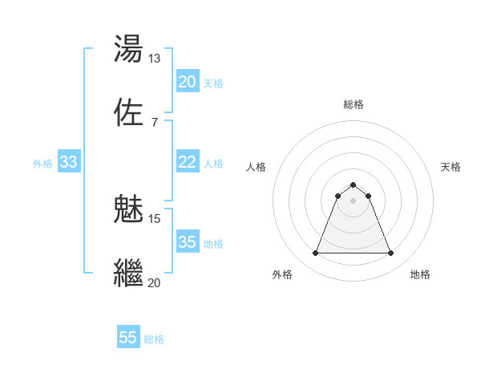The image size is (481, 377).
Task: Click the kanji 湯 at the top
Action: click(129, 49)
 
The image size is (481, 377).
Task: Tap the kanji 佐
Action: click(129, 112)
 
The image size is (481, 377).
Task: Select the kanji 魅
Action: click(129, 210)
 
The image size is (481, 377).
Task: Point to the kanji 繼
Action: click(129, 273)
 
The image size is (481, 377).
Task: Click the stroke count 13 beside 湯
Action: click(154, 59)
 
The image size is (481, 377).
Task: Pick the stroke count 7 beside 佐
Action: click(154, 122)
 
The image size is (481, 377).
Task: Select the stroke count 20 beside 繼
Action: click(154, 282)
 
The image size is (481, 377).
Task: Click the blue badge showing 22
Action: click(188, 162)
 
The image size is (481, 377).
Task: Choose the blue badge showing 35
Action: click(188, 242)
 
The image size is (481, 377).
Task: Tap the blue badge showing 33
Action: click(68, 162)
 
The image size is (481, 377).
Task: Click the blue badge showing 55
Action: click(128, 338)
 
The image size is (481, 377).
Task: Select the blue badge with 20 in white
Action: click(188, 82)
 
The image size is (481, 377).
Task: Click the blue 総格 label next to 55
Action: click(154, 339)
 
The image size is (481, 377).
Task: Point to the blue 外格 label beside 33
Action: click(42, 164)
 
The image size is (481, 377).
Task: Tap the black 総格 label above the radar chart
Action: click(354, 104)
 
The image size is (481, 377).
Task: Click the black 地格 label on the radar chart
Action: click(420, 274)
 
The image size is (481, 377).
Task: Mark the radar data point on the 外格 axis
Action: click(315, 253)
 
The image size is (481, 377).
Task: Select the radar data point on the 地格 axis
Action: click(391, 253)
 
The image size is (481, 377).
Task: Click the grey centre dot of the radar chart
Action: click(354, 201)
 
